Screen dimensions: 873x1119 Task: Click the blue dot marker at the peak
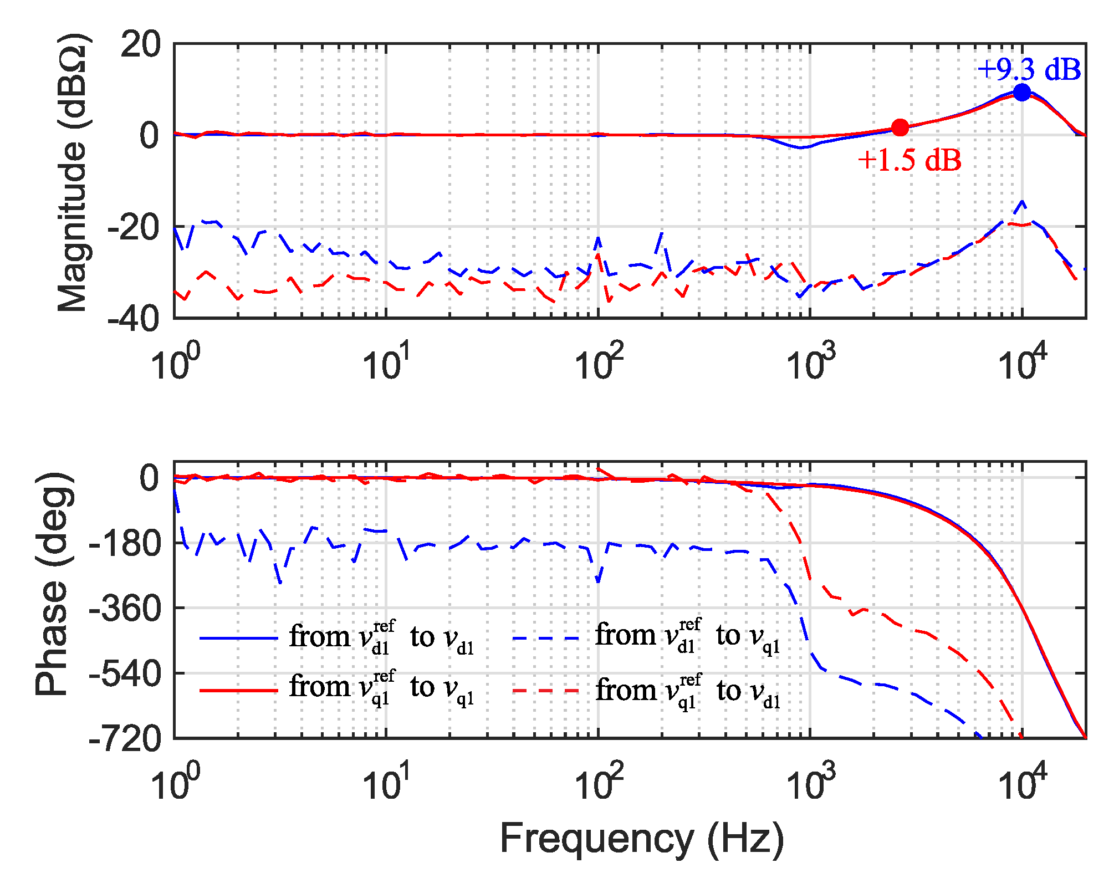tap(1021, 93)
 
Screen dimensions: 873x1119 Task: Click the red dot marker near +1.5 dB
tap(900, 127)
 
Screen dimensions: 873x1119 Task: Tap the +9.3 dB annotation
tap(1029, 70)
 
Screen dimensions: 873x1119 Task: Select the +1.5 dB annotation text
tap(909, 160)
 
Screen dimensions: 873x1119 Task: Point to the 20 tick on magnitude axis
tap(140, 44)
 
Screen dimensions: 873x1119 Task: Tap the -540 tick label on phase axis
tap(125, 674)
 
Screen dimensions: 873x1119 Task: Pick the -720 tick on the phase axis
tap(125, 739)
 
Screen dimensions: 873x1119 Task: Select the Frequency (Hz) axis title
tap(642, 838)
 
